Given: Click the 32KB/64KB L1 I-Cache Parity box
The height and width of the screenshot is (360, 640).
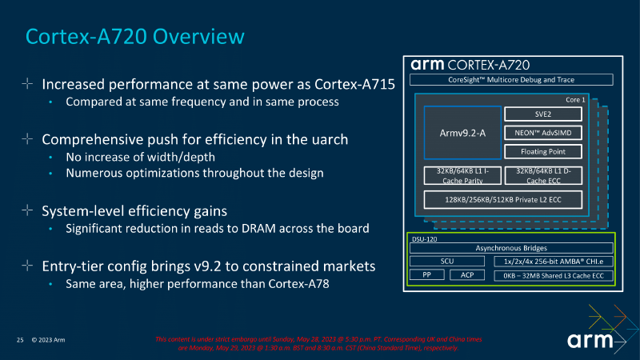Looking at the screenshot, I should click(x=460, y=176).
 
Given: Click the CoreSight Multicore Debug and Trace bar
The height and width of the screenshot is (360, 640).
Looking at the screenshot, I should click(x=510, y=80).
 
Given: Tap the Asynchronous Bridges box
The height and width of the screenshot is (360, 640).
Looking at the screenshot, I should click(x=510, y=248).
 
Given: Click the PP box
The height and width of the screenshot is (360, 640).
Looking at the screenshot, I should click(x=426, y=275).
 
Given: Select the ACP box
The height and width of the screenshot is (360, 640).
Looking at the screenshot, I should click(x=466, y=275).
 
